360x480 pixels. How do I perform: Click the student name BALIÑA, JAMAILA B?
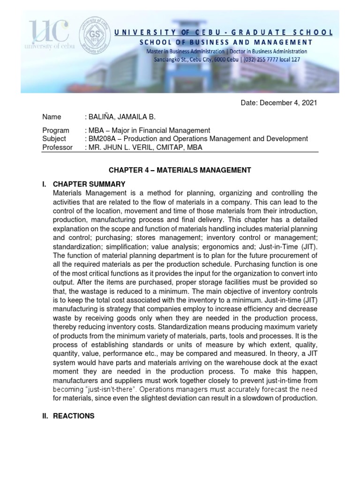pos(121,117)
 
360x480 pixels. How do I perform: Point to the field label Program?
pos(55,130)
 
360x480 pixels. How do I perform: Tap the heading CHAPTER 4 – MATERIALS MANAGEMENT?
pos(180,170)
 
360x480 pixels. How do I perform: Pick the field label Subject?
pos(54,139)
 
